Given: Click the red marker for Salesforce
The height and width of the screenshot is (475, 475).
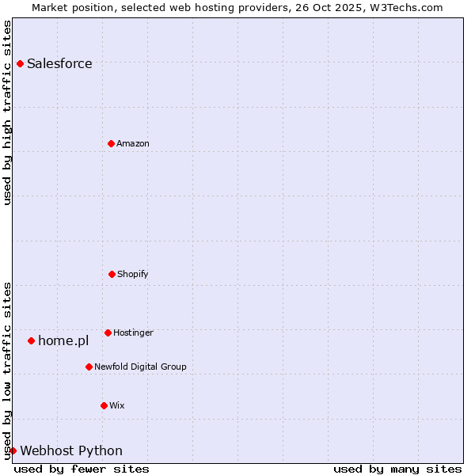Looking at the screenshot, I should tap(20, 63).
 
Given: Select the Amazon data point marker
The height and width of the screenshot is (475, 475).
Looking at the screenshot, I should tap(111, 143).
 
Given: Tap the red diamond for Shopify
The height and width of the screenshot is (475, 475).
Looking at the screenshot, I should tap(112, 274).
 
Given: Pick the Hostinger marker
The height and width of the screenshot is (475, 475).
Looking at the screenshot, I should tap(108, 332).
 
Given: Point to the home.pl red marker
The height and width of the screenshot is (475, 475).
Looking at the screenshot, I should tap(31, 340).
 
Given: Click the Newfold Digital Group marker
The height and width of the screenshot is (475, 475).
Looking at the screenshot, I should tap(89, 367).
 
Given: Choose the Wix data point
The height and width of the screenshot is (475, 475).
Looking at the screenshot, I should tap(104, 405).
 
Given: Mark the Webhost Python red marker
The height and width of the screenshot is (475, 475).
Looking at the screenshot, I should tap(13, 450).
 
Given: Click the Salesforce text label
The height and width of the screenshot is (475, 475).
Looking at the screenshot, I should tap(59, 64).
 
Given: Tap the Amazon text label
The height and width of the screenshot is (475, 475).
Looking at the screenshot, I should tap(133, 144).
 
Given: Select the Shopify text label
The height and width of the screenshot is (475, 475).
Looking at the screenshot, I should tap(133, 275).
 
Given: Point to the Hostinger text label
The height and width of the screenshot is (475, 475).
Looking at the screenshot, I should tap(133, 333).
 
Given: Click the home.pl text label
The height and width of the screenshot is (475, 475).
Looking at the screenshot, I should tap(63, 341).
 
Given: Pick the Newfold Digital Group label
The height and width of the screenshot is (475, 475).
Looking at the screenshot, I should tap(140, 367).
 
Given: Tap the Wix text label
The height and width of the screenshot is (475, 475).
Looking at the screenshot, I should tap(117, 406).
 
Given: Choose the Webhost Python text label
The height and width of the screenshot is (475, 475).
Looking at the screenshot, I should tap(71, 451).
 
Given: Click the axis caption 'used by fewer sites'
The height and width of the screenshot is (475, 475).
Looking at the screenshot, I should tap(82, 469).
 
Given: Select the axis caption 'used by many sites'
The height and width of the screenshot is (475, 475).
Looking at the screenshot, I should tap(397, 469).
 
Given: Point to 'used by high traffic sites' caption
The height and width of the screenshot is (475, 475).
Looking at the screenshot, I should tap(7, 112).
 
